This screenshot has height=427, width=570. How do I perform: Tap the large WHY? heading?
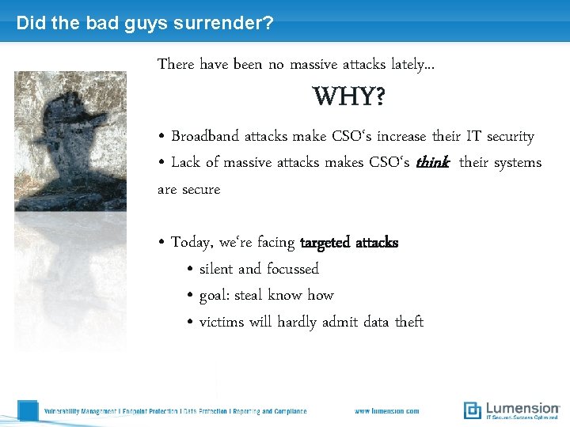tap(349, 97)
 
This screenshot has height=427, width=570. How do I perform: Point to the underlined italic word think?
tap(433, 163)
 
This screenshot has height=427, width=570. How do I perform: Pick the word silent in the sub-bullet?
tap(216, 269)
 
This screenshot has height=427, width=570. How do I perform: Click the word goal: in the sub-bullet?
tap(215, 296)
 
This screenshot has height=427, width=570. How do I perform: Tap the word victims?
tap(221, 322)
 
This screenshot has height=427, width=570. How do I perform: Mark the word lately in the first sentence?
tap(415, 64)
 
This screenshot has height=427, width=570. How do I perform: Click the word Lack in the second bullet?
tap(185, 163)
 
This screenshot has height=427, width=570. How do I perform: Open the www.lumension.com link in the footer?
tap(386, 411)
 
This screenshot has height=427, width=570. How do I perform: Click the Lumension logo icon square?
tap(473, 410)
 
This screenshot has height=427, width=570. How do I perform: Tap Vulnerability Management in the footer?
tap(80, 411)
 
